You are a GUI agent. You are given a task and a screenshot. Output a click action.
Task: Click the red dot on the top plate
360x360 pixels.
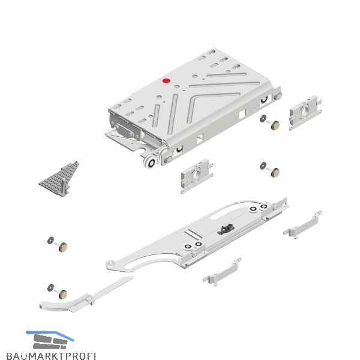tap(166, 81)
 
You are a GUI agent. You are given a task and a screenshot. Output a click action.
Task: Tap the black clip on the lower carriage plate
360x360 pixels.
tap(226, 230)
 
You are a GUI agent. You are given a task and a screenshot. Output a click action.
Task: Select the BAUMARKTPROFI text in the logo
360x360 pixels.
tap(51, 355)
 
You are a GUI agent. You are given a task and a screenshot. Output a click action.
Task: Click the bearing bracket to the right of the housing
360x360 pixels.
tap(305, 113)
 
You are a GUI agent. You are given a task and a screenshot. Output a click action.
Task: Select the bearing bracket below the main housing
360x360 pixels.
tap(197, 176)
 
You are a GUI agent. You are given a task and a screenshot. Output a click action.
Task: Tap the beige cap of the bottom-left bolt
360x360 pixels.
tap(63, 294)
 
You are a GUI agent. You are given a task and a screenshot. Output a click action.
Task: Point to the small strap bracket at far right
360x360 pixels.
tap(302, 224)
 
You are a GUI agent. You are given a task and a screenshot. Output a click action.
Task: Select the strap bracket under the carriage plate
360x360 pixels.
tap(222, 272)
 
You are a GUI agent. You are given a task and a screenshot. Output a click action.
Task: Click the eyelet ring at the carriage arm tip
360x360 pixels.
tap(110, 263)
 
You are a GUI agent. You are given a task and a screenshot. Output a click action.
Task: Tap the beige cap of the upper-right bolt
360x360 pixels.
tap(275, 125)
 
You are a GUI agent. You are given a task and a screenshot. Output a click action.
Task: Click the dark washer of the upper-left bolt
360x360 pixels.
tap(51, 241)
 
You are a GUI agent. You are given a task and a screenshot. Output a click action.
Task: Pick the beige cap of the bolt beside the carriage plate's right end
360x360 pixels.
tap(275, 172)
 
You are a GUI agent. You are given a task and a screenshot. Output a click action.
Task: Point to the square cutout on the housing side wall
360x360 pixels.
tap(242, 114)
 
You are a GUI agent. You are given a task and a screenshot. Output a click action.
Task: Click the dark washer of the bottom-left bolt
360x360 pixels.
tap(51, 287)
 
